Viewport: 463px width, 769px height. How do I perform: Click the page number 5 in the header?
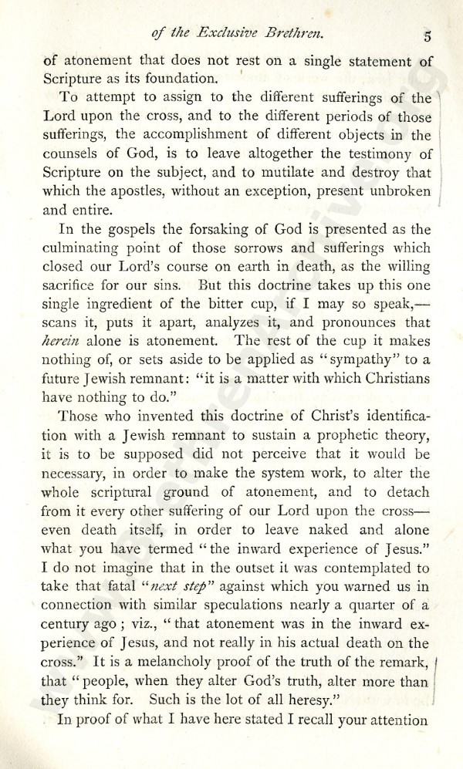426,35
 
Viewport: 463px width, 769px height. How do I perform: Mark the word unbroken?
394,191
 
